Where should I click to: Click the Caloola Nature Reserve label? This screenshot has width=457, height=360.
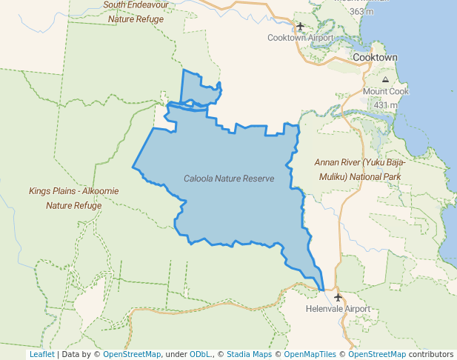click(229, 179)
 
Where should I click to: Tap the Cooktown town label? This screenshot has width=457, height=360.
click(375, 57)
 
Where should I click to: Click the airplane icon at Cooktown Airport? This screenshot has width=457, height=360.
click(300, 27)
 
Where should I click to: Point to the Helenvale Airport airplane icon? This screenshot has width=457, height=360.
click(338, 297)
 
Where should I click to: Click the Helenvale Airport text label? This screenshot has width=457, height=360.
click(338, 309)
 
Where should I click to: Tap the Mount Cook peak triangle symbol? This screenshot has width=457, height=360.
click(385, 79)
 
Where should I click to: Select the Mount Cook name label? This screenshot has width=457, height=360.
click(385, 92)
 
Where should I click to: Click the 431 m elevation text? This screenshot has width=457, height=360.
click(385, 105)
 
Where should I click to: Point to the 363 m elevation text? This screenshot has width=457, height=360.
click(361, 12)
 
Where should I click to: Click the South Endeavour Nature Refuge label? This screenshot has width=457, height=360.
click(136, 12)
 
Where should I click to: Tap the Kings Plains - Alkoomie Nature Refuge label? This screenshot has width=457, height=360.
click(73, 198)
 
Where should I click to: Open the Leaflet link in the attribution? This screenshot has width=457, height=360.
click(41, 354)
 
